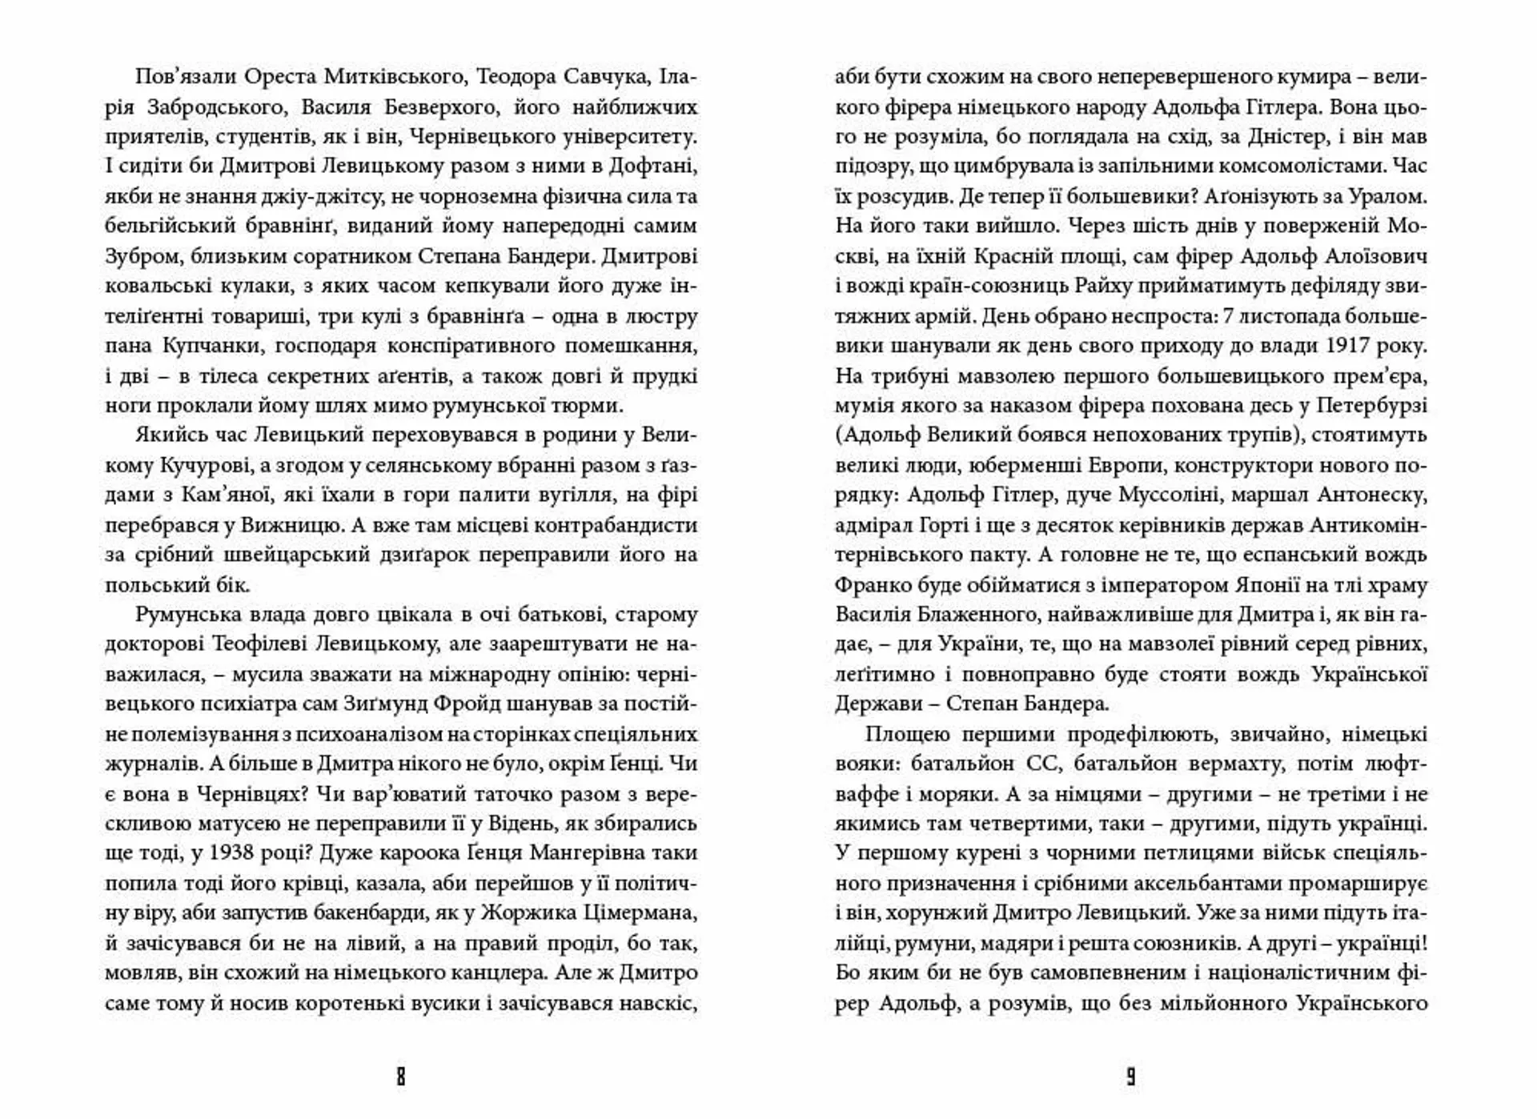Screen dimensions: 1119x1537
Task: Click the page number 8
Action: (x=401, y=1077)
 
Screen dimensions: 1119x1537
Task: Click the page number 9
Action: (x=1130, y=1077)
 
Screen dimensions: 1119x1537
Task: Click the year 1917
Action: (x=1348, y=347)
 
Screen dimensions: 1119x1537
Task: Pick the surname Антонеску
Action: (x=1371, y=495)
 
